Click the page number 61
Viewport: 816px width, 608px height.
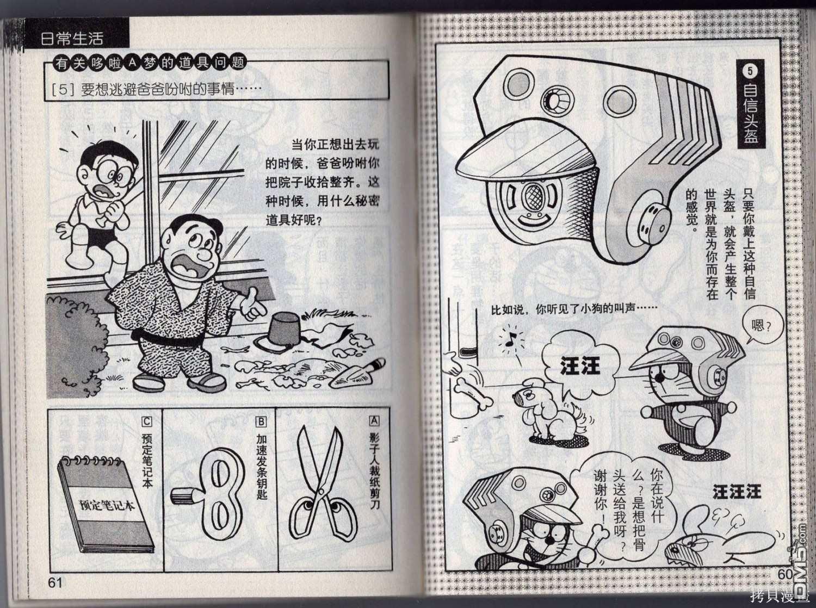click(55, 582)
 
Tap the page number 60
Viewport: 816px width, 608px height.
click(785, 574)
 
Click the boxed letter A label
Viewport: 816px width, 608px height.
click(374, 420)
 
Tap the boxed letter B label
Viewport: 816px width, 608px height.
click(261, 421)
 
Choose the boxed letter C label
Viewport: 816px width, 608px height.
click(147, 421)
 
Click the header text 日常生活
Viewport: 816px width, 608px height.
click(72, 38)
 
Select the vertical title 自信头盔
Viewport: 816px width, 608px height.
click(749, 115)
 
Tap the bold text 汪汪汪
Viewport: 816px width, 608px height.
click(737, 492)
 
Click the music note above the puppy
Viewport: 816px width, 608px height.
click(511, 338)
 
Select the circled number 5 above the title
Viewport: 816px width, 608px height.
click(750, 71)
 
